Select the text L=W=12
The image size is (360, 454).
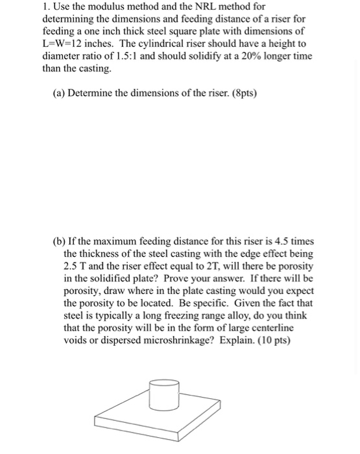(67, 43)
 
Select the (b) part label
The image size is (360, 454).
(60, 241)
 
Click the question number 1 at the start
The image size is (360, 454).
(45, 6)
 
